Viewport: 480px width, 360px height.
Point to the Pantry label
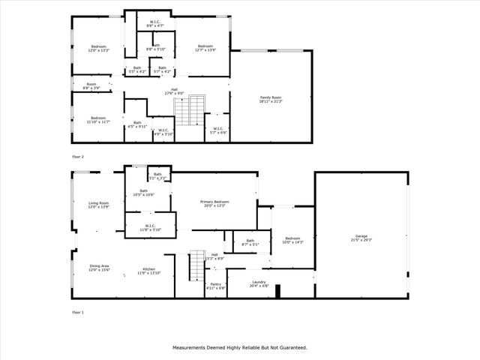[215, 286]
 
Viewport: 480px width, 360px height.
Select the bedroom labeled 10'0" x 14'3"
[292, 240]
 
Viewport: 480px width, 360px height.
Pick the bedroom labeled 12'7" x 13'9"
[206, 48]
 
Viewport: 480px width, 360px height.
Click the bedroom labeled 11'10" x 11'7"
[98, 119]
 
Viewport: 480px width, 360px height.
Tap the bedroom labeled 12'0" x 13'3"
[99, 48]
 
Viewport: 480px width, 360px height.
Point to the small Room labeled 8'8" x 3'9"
[91, 85]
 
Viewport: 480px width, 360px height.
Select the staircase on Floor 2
[190, 110]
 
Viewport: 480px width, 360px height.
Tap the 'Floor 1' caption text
[78, 311]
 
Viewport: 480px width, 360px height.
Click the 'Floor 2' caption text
[78, 157]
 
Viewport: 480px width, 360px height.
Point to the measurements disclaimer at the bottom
[240, 347]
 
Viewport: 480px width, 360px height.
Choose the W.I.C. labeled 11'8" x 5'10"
[149, 227]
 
